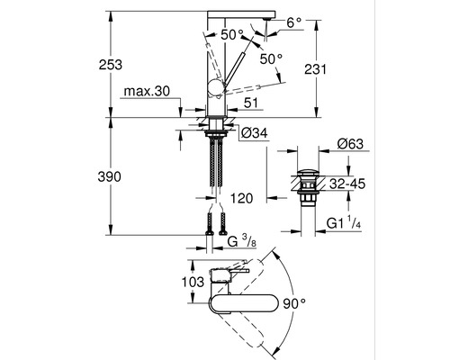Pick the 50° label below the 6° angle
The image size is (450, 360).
271,58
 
